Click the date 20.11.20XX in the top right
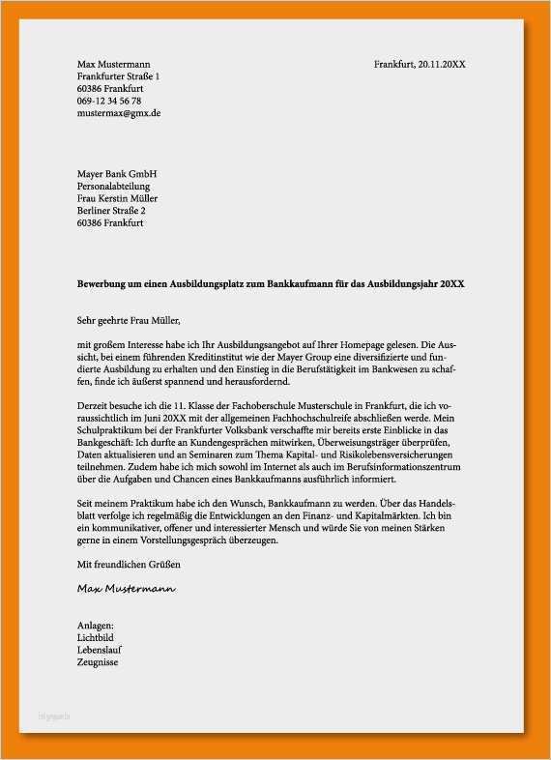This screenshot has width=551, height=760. coord(441,64)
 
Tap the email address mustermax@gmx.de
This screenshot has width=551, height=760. coord(119,113)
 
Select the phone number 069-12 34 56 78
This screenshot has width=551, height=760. coord(109,101)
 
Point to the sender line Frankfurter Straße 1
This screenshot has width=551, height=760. coord(118,75)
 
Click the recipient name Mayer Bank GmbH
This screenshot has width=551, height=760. coord(116,174)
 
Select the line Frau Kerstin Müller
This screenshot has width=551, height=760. coord(117,199)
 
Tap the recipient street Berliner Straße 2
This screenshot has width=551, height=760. coord(111,211)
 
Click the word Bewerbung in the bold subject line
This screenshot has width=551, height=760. coord(103,284)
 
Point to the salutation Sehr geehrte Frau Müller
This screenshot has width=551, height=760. coord(129,319)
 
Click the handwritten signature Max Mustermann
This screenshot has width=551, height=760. coord(127,588)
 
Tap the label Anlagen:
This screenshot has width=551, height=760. coord(96,627)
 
